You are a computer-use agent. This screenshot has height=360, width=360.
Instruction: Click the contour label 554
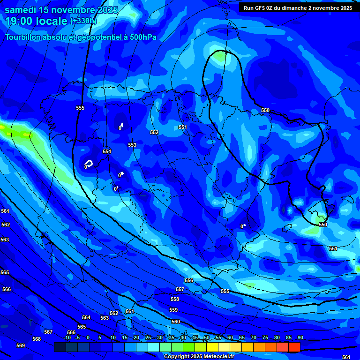(107, 151)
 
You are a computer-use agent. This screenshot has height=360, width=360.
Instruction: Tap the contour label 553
(132, 145)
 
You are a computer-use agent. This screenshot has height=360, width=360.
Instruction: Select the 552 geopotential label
(154, 133)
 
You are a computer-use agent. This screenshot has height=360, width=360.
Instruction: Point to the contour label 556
(189, 280)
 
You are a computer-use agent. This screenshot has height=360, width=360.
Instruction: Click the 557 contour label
(180, 290)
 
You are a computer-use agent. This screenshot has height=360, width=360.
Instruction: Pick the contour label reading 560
(176, 322)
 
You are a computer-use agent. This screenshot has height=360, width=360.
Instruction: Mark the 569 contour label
(21, 345)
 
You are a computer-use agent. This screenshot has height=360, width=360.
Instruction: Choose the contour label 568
(37, 339)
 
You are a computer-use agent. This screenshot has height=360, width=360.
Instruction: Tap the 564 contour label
(86, 317)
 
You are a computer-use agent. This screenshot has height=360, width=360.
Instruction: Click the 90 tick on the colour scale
(300, 337)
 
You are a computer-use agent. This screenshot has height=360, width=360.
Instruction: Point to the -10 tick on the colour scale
(67, 337)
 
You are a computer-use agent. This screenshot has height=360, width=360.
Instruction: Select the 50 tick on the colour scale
(207, 337)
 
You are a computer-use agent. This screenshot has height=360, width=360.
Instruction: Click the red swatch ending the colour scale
(294, 347)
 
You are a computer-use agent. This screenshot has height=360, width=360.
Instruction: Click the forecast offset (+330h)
(83, 21)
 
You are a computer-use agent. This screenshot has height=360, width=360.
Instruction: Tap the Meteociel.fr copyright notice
(199, 356)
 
